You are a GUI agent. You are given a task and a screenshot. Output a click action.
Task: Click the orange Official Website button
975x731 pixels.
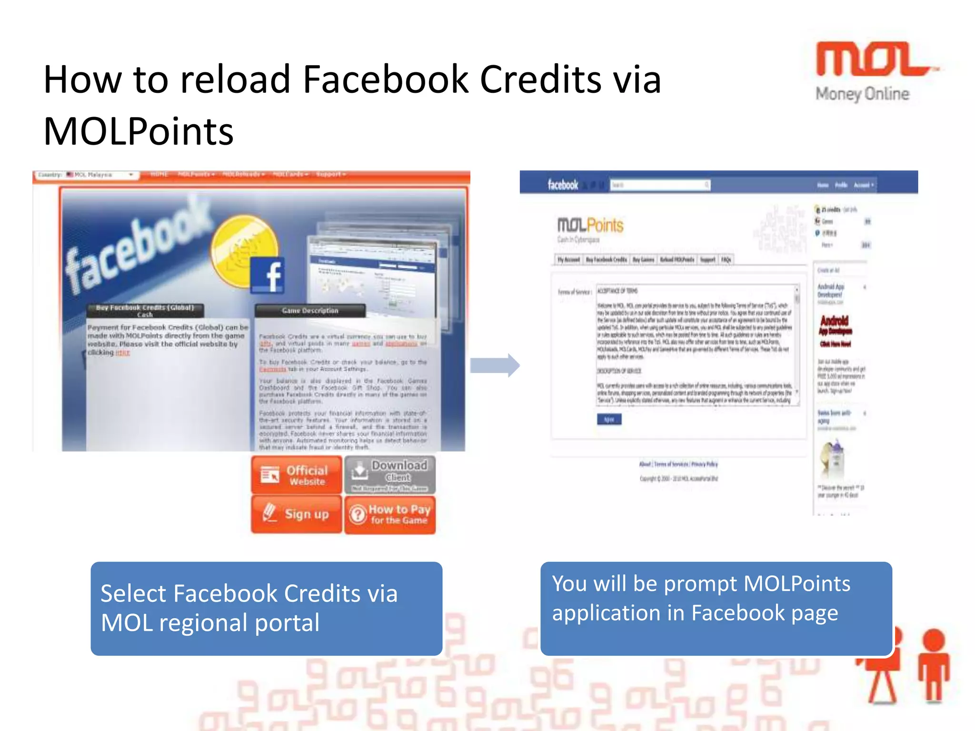tap(296, 474)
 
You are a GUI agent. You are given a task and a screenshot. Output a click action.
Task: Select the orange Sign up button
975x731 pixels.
tap(296, 514)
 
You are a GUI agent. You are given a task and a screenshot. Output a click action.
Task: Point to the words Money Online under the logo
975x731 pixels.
tap(862, 94)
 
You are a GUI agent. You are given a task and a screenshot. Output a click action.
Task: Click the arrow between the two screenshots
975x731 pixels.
tap(495, 365)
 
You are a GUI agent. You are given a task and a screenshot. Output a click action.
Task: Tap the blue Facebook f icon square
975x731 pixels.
tap(268, 275)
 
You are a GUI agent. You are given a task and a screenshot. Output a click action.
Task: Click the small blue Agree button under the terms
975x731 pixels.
tap(609, 419)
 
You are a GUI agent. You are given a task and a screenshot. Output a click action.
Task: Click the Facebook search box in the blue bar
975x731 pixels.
tap(660, 185)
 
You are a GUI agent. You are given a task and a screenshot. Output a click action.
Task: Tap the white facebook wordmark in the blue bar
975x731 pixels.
tap(563, 185)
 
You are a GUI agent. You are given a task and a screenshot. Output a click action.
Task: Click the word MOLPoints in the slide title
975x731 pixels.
tap(139, 132)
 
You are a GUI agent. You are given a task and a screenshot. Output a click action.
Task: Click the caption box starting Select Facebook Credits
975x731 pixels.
tap(266, 608)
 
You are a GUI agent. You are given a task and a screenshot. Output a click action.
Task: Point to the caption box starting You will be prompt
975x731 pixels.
tap(716, 608)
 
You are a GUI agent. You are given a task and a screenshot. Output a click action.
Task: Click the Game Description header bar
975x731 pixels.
tap(310, 311)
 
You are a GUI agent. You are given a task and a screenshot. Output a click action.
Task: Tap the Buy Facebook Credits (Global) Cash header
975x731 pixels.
tap(145, 311)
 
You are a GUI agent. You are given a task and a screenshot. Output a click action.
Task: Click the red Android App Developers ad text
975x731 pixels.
tap(835, 326)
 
